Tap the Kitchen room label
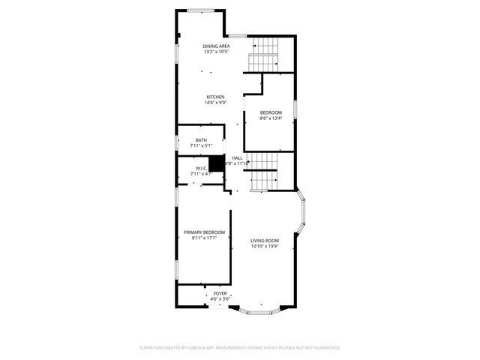[x=216, y=97]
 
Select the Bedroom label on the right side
[x=271, y=112]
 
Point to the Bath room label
[x=201, y=140]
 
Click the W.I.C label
[x=201, y=168]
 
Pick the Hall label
[x=237, y=157]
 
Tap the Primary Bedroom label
[x=204, y=232]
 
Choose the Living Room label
[x=264, y=240]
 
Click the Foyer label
[x=220, y=293]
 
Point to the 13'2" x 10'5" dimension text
[x=215, y=52]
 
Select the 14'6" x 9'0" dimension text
[x=216, y=103]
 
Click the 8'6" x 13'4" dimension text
[x=271, y=118]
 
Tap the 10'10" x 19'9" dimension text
[x=264, y=245]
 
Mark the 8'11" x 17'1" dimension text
[x=204, y=238]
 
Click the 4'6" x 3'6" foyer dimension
[x=220, y=298]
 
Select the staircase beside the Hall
[x=263, y=171]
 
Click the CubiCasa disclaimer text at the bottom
[x=240, y=348]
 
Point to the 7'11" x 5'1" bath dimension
[x=201, y=145]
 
